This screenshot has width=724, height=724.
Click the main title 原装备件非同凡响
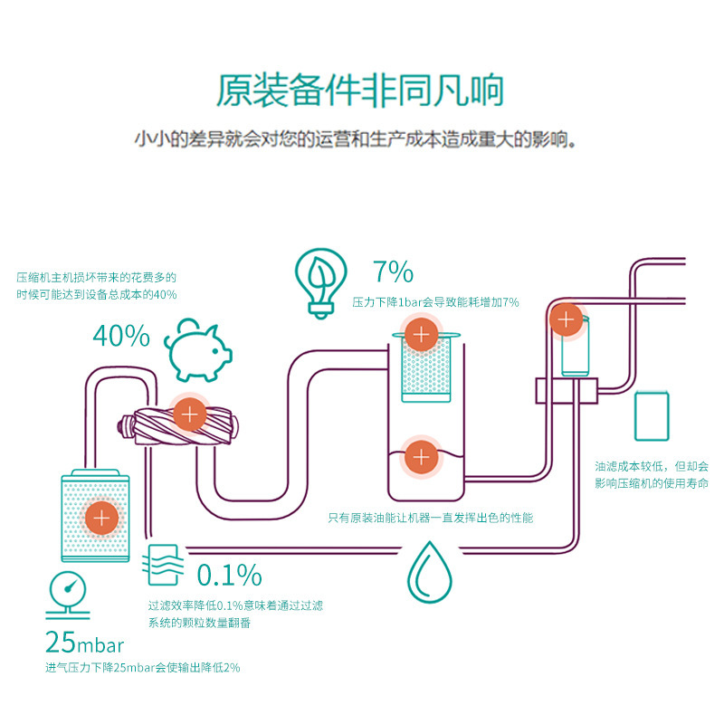click(359, 90)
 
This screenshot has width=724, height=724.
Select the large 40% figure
click(121, 337)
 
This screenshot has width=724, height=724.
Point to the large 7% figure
click(393, 271)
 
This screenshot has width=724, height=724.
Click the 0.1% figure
click(229, 575)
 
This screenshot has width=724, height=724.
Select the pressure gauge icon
click(68, 595)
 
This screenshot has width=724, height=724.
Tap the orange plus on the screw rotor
click(189, 415)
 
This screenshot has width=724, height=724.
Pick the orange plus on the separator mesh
click(421, 334)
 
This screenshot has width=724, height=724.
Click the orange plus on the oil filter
click(568, 319)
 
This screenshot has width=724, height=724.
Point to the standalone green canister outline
click(653, 415)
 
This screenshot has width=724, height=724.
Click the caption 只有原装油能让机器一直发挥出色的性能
click(430, 519)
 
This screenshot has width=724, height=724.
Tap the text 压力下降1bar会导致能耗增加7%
click(436, 302)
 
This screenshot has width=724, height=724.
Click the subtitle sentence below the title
click(355, 141)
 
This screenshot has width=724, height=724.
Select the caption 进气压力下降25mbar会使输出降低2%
click(143, 668)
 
